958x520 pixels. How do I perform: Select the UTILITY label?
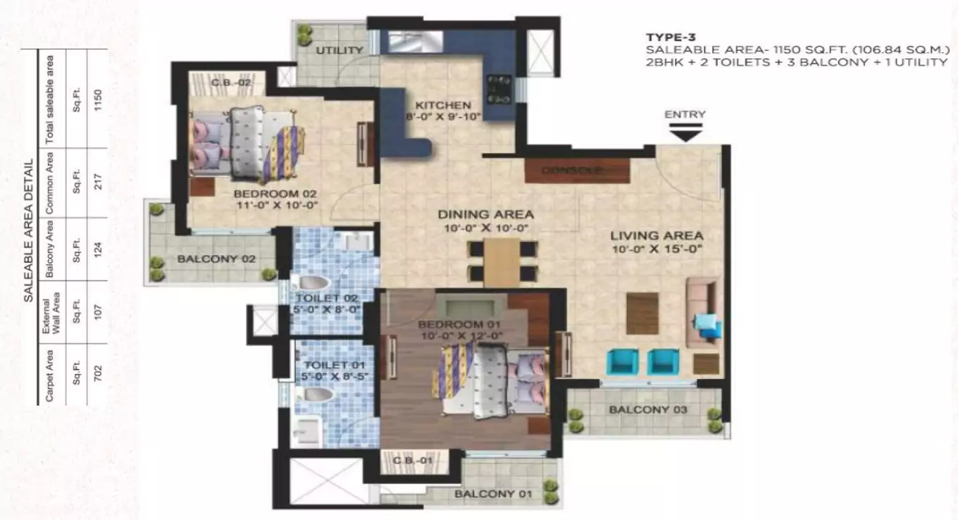click(339, 50)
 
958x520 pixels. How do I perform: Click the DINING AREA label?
click(485, 214)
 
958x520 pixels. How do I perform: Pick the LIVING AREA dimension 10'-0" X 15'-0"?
click(657, 249)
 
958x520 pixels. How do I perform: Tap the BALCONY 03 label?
click(644, 409)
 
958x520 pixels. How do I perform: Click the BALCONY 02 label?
click(216, 259)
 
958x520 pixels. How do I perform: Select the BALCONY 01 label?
click(492, 493)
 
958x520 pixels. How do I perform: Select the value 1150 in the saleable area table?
click(98, 99)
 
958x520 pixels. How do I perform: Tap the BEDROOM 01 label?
click(449, 324)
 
